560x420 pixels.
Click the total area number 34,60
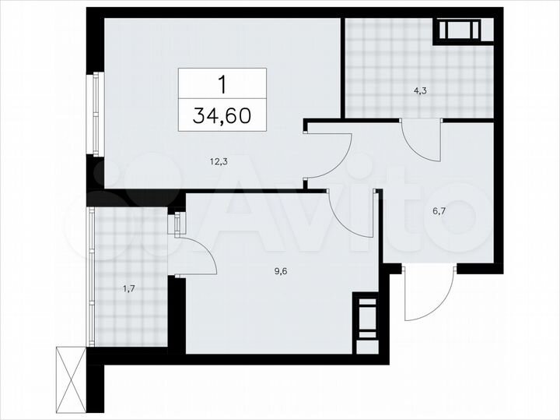tap(222, 116)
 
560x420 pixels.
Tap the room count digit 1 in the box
tap(222, 83)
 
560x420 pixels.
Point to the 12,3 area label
tap(218, 162)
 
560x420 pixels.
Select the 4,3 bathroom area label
tap(420, 90)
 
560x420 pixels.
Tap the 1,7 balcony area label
tap(128, 290)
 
